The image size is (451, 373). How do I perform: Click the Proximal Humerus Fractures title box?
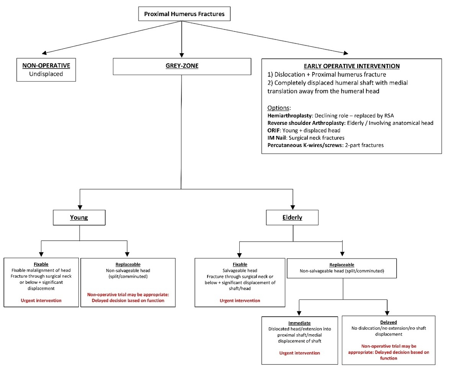pos(185,14)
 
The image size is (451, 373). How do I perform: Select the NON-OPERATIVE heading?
pos(46,65)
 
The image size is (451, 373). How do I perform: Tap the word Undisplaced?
pos(46,74)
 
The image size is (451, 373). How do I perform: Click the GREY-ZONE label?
pos(182,65)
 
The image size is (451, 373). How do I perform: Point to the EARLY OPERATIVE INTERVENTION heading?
pos(352,66)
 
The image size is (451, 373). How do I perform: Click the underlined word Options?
pos(278,108)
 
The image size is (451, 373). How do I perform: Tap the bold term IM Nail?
pos(277,138)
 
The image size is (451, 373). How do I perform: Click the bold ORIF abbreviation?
pos(273,130)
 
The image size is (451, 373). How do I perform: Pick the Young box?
pos(79,218)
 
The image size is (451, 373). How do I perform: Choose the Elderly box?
pos(292,218)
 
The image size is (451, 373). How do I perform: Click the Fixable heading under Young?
pos(41,264)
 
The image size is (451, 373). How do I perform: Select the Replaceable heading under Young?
pos(128,265)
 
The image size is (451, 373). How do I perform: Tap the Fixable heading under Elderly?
pos(240,265)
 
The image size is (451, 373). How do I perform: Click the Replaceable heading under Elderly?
pos(342,265)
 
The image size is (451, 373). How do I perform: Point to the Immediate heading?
pos(299,323)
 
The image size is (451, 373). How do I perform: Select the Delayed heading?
pos(389,322)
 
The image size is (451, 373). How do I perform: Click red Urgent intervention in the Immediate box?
pos(299,353)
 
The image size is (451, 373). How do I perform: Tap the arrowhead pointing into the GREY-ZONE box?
pos(181,55)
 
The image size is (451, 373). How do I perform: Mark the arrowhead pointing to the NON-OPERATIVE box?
pos(44,53)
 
